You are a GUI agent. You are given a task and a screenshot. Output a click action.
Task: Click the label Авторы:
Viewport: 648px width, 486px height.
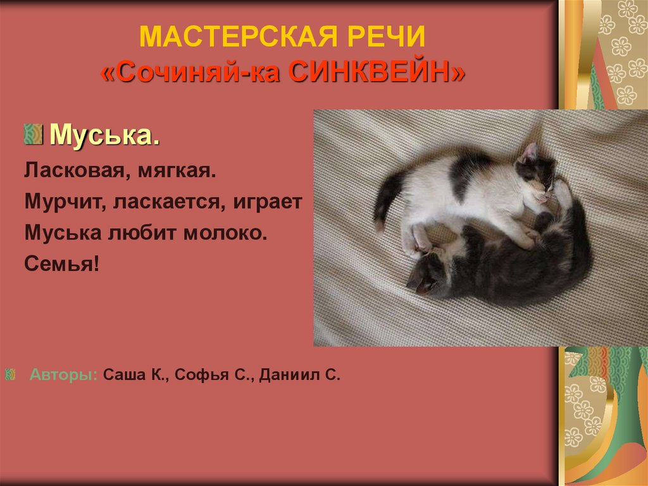(63, 374)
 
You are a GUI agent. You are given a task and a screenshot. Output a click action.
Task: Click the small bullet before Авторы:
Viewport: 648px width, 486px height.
(10, 374)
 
